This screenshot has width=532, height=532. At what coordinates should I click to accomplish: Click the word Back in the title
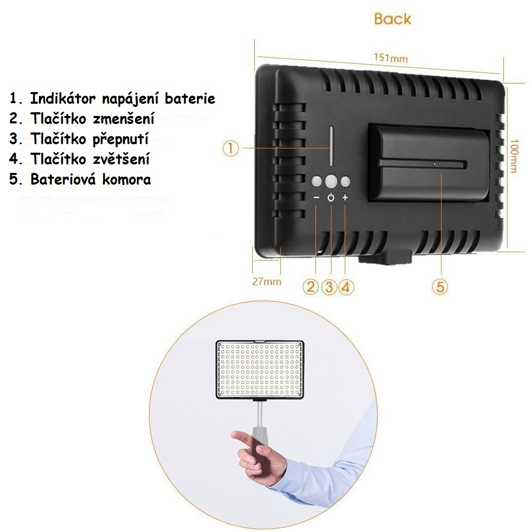393,19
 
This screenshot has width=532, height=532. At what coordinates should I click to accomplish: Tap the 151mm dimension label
390,57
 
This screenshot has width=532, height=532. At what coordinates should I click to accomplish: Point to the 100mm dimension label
514,156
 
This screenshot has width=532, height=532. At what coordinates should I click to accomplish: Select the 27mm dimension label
267,281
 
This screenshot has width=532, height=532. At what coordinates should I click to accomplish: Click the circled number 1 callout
231,148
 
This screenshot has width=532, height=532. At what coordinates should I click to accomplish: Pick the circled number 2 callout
311,287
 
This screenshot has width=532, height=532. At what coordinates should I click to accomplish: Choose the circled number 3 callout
328,287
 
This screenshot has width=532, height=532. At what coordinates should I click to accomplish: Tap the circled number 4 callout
346,287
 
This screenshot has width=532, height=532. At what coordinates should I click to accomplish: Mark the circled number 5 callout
440,287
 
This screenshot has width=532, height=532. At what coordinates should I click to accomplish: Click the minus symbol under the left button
316,197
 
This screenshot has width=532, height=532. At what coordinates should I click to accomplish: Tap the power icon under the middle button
331,197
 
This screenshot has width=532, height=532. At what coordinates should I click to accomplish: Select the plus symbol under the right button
345,197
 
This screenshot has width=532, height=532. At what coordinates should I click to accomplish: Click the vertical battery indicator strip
331,147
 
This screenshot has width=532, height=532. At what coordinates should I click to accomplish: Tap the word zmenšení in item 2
123,119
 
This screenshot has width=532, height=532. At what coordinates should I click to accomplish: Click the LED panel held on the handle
260,370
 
